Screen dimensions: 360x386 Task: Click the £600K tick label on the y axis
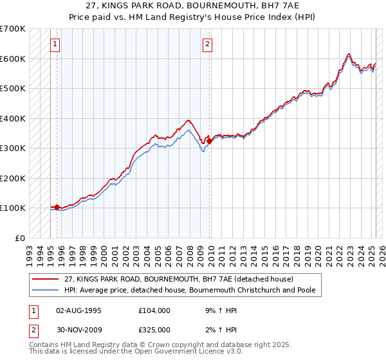click(13, 59)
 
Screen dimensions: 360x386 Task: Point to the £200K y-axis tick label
click(13, 178)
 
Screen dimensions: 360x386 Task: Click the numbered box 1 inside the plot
click(55, 44)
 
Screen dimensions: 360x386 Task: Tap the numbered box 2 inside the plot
click(208, 44)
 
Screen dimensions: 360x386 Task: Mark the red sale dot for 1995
click(57, 207)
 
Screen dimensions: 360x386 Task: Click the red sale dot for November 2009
click(210, 141)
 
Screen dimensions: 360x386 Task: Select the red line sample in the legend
click(46, 280)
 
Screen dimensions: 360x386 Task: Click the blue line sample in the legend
click(46, 291)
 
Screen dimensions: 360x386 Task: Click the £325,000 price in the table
click(155, 330)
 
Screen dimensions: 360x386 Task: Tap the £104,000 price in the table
click(155, 310)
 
